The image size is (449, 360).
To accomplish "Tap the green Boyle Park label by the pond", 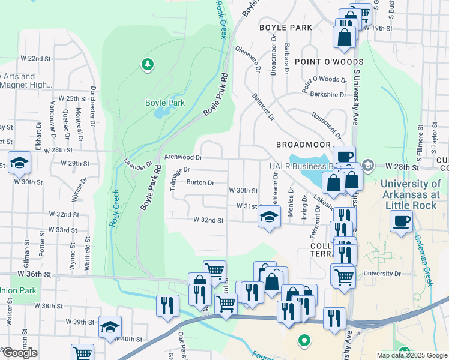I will pyautogui.click(x=165, y=103).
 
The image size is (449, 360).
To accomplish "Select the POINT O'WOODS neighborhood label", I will pyautogui.click(x=328, y=62).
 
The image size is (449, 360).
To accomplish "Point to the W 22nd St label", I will pyautogui.click(x=35, y=58).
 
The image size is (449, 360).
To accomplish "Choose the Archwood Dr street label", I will pyautogui.click(x=184, y=157).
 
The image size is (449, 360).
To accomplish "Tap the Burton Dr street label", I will pyautogui.click(x=200, y=182).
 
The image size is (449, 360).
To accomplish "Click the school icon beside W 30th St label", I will pyautogui.click(x=19, y=162).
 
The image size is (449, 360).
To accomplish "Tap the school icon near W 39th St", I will pyautogui.click(x=110, y=327).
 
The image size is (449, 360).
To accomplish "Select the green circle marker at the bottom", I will pyautogui.click(x=304, y=341).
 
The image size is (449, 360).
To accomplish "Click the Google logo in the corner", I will pyautogui.click(x=20, y=353).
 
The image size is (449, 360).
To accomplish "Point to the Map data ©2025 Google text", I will pyautogui.click(x=411, y=355).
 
